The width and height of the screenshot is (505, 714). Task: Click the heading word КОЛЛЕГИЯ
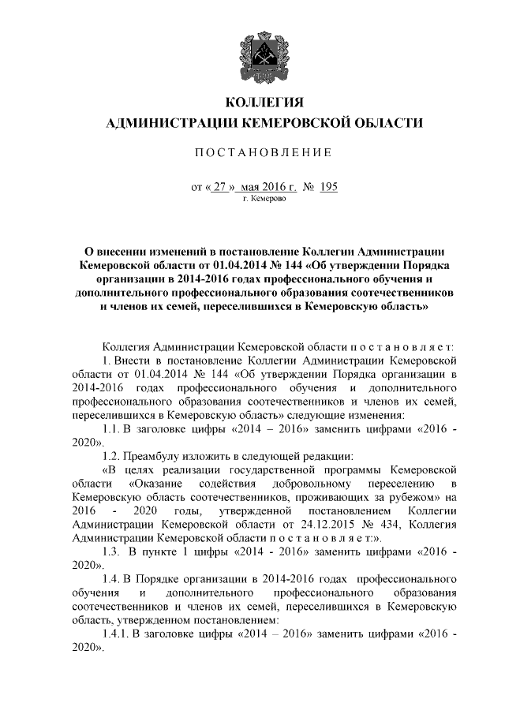click(x=264, y=103)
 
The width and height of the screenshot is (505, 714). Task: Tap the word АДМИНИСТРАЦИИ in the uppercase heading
click(x=170, y=123)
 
